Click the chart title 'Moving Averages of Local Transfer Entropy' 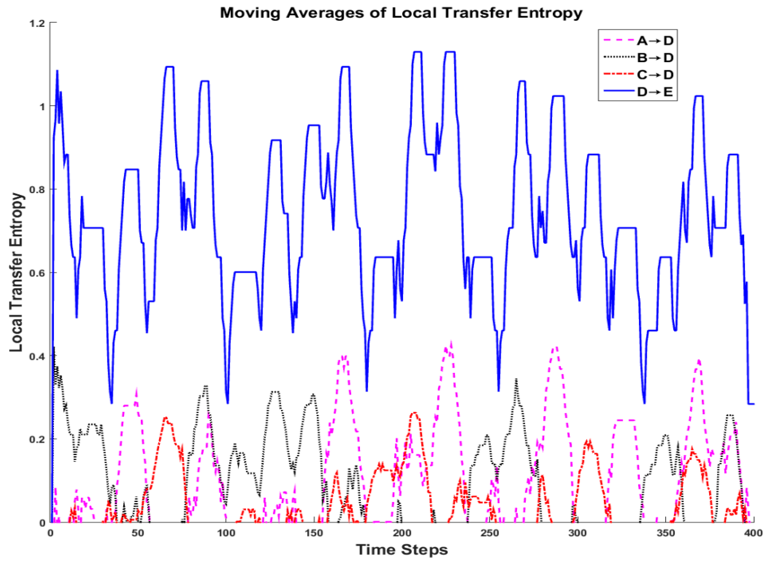[x=401, y=13]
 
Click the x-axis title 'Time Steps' [x=401, y=550]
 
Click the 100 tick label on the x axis [x=226, y=533]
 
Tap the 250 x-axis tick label [x=489, y=533]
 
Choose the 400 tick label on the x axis [x=753, y=533]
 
